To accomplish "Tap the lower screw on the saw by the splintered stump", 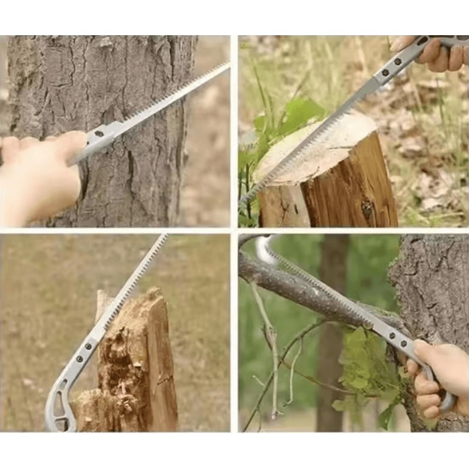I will [x=79, y=359].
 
